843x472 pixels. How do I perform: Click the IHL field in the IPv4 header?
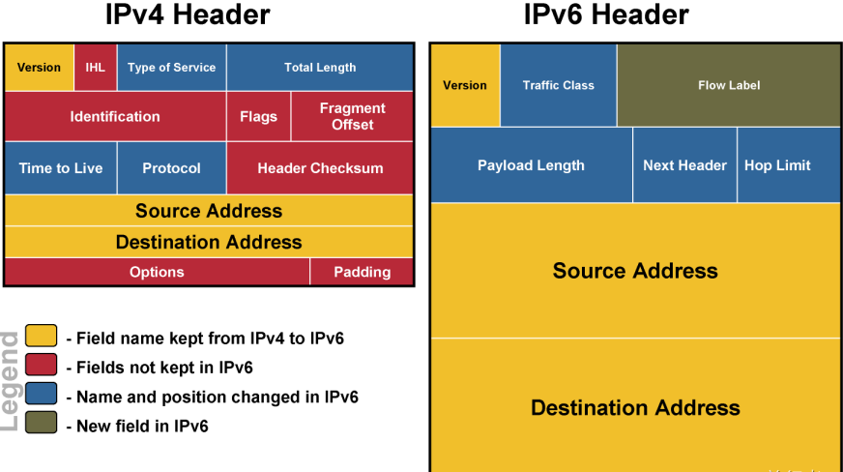pos(95,68)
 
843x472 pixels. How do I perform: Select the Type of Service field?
pos(171,68)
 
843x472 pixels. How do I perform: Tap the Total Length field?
pos(320,68)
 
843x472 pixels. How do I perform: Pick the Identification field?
pos(115,117)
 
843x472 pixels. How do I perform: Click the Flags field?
pos(258,117)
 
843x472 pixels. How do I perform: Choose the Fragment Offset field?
pos(352,117)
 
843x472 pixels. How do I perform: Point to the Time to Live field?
pos(61,168)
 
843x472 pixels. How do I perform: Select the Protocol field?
pos(171,168)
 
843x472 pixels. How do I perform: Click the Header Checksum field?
pos(320,168)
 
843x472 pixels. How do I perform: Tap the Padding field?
pos(362,272)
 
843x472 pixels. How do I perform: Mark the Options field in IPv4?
pos(157,272)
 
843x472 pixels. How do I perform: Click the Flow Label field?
pos(729,85)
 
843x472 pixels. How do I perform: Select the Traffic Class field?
pos(558,85)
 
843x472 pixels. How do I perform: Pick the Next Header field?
pos(684,165)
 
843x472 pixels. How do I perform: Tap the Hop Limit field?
pos(777,165)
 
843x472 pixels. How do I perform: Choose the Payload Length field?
pos(531,165)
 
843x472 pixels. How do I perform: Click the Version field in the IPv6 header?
pos(465,85)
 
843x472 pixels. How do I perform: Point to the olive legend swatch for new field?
pos(42,423)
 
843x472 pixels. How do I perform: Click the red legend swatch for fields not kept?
pos(42,366)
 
